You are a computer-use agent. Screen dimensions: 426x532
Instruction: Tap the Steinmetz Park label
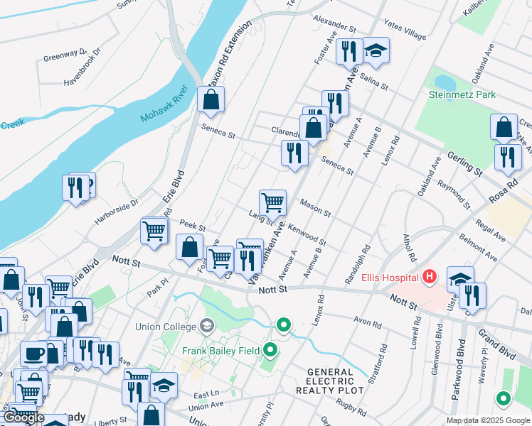462,94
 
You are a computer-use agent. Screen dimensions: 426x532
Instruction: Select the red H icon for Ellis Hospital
430,275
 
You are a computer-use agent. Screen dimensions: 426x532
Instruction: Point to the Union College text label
165,327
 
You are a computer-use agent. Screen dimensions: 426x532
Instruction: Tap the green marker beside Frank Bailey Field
270,349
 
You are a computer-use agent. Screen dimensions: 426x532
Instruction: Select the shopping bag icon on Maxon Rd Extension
211,101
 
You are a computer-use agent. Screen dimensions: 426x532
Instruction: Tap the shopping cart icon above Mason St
272,202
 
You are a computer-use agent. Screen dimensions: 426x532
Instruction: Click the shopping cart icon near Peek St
154,230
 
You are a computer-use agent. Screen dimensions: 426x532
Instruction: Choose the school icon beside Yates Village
376,50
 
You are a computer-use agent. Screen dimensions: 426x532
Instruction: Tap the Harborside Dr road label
115,211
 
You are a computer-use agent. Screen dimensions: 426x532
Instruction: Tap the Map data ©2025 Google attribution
487,420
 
